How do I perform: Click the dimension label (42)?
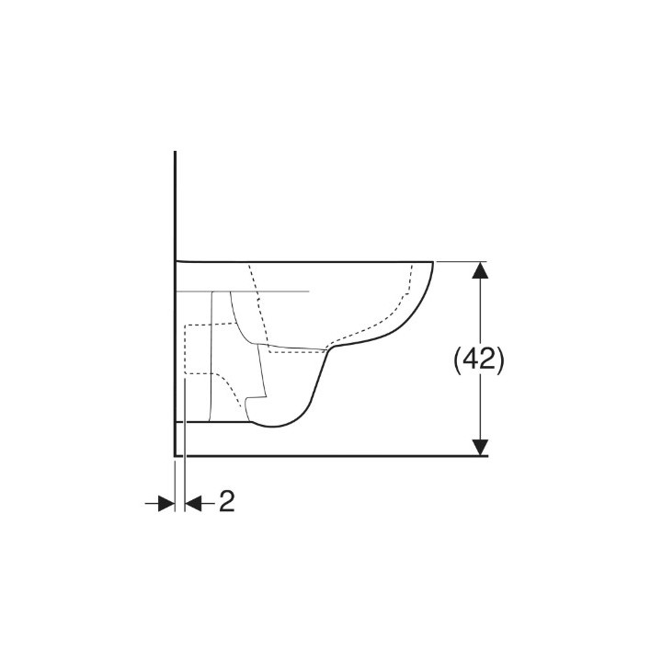[480, 360]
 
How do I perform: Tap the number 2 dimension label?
[226, 501]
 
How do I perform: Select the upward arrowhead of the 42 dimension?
[480, 270]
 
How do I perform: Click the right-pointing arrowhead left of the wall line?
[165, 502]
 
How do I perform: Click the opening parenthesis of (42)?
[458, 360]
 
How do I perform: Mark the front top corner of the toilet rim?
[432, 261]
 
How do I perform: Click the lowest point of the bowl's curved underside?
[276, 428]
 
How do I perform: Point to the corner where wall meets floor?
[175, 455]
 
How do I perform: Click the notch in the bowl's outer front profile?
[333, 349]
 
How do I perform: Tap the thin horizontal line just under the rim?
[276, 291]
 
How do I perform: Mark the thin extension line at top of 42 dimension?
[460, 261]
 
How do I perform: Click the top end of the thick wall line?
[175, 154]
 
